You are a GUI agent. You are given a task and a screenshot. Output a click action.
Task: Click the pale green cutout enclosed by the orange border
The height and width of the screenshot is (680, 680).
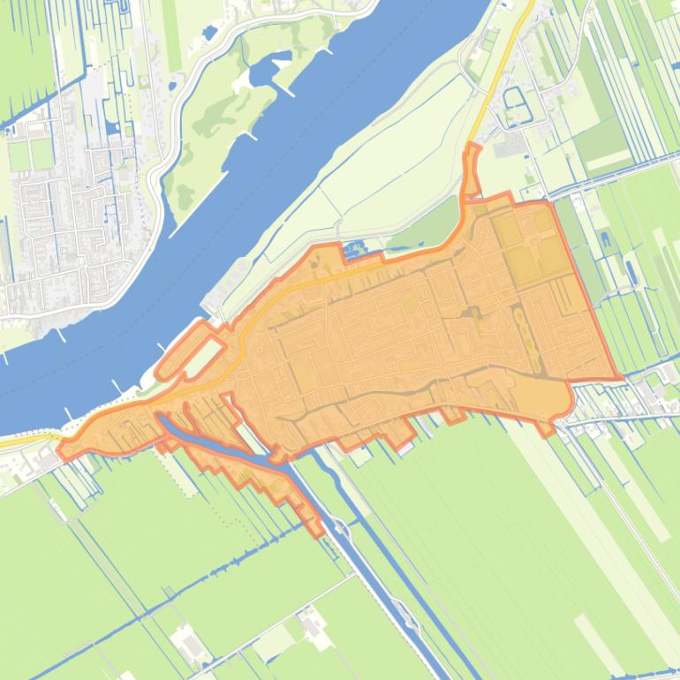point(202,356)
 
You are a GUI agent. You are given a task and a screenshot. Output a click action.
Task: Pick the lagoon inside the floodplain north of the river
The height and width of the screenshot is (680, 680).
point(265,71)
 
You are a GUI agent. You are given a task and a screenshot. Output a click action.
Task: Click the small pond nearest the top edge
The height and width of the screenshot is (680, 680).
point(209,34)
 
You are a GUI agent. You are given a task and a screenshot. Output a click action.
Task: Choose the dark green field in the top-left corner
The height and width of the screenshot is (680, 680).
point(26,53)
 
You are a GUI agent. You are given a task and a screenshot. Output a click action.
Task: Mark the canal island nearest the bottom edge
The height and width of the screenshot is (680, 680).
point(402,609)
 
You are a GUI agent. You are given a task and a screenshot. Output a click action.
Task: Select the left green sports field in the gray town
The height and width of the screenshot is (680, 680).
point(19,155)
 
